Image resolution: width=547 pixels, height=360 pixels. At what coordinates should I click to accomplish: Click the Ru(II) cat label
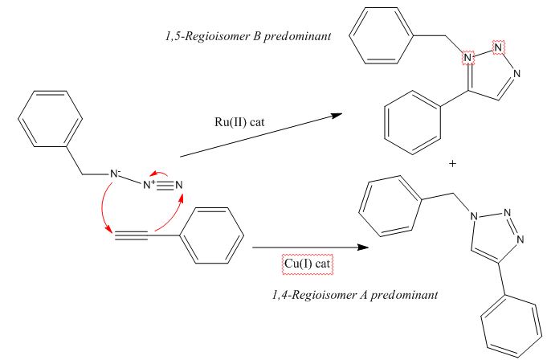pos(239,122)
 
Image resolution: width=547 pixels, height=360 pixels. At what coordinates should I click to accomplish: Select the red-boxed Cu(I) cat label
pos(308,264)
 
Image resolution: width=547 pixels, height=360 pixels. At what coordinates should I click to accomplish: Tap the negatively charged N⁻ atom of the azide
pos(115,174)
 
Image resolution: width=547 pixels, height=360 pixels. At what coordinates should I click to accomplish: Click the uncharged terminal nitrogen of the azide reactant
pos(178,185)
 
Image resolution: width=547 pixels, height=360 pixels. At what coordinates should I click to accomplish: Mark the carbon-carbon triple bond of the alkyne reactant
pos(131,235)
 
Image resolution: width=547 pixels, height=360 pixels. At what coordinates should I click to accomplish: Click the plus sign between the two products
pos(452,163)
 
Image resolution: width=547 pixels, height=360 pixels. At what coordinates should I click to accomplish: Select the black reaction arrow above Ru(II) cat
pos(261,135)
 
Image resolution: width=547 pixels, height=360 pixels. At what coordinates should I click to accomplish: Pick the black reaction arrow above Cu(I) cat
pos(311,247)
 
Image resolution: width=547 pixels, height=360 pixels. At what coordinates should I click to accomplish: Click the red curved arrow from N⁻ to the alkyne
pos(103,206)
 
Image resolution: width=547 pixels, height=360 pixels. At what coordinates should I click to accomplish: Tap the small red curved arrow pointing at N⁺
pos(160,172)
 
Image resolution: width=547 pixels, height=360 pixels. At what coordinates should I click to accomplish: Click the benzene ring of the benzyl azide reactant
pos(50,119)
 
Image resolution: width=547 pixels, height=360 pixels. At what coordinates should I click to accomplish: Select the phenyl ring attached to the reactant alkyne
pos(211,235)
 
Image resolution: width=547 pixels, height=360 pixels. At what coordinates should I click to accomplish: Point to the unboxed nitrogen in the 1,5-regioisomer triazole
pos(516,74)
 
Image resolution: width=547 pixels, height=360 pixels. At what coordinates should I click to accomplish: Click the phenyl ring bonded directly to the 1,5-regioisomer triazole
pos(412,122)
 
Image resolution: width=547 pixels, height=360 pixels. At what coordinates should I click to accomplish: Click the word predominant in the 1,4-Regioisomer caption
pos(404,295)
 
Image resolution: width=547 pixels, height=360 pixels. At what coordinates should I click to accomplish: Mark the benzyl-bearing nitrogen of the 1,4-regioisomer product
pos(474,217)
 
